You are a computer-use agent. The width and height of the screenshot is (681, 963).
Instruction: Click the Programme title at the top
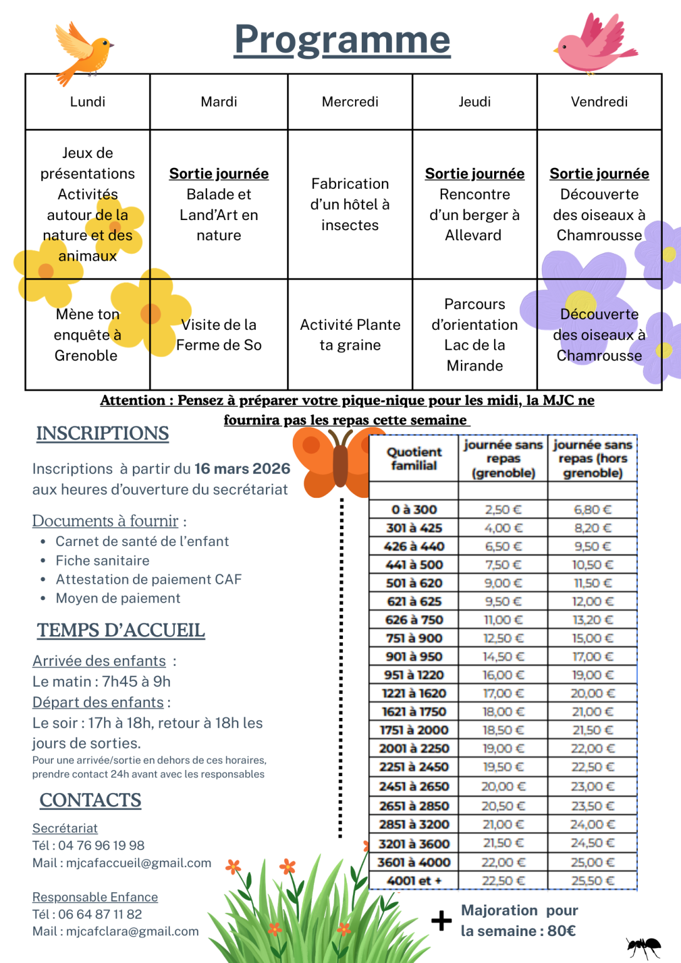(342, 39)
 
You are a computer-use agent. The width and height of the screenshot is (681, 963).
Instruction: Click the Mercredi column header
(350, 102)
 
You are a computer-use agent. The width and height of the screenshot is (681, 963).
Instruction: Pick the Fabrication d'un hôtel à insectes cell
(350, 204)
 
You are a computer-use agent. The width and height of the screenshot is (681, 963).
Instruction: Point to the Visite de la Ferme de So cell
(219, 335)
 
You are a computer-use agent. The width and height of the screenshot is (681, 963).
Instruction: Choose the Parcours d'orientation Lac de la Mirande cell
(475, 335)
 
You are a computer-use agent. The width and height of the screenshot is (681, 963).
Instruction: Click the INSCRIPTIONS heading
(102, 433)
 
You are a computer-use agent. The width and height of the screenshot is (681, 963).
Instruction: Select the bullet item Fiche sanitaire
(102, 560)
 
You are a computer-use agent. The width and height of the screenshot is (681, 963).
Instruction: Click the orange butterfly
(332, 461)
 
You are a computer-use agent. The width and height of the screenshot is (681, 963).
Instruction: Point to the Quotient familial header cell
(414, 459)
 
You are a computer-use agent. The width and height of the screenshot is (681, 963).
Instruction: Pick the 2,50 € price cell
(503, 510)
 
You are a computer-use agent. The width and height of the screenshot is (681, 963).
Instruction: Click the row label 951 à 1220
(414, 675)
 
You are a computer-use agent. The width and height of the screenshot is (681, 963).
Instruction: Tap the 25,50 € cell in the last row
(593, 881)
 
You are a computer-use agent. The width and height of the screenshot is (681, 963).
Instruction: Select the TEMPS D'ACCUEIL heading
(121, 631)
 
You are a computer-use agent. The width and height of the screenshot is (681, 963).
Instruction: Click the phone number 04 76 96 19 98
(101, 845)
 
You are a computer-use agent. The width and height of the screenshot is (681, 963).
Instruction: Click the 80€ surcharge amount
(561, 931)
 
